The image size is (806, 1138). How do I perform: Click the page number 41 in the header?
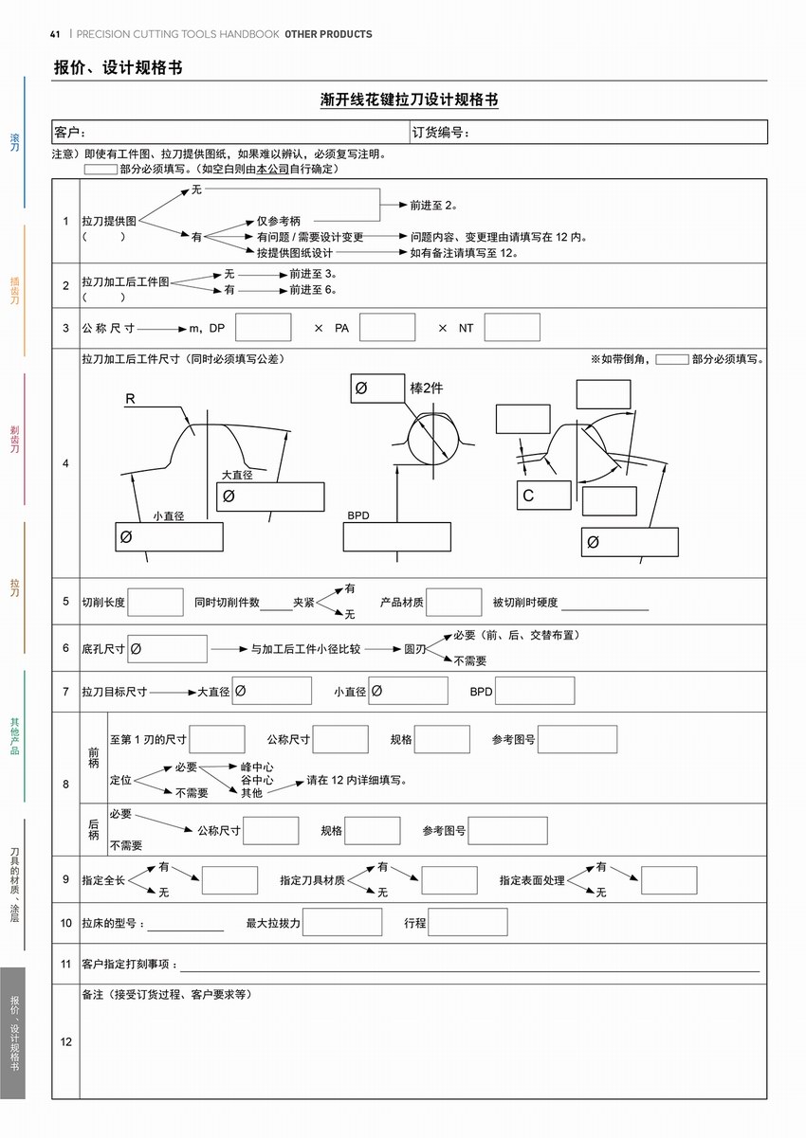pyautogui.click(x=55, y=34)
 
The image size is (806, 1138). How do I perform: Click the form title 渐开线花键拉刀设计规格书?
pyautogui.click(x=410, y=99)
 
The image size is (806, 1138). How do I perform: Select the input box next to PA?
pyautogui.click(x=387, y=328)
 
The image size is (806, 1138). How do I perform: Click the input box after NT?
pyautogui.click(x=512, y=328)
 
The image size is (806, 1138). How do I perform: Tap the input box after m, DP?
pyautogui.click(x=263, y=328)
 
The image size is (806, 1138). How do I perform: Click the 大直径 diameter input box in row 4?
pyautogui.click(x=270, y=497)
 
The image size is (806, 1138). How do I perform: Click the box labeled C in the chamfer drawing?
pyautogui.click(x=543, y=496)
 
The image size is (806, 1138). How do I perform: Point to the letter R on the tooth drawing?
pyautogui.click(x=130, y=400)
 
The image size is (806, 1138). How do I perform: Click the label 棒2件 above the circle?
pyautogui.click(x=426, y=388)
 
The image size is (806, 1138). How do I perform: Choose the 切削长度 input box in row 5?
pyautogui.click(x=156, y=603)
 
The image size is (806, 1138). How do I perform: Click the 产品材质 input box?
pyautogui.click(x=454, y=603)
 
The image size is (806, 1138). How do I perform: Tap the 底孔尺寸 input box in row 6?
pyautogui.click(x=168, y=649)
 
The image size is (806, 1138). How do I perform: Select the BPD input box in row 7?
pyautogui.click(x=534, y=691)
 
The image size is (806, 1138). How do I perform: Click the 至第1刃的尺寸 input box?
pyautogui.click(x=217, y=739)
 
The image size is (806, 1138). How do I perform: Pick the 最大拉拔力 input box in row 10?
pyautogui.click(x=342, y=922)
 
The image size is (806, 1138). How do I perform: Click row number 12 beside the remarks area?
pyautogui.click(x=66, y=1041)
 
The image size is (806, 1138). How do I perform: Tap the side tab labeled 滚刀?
pyautogui.click(x=14, y=142)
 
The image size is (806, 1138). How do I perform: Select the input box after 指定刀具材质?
pyautogui.click(x=449, y=880)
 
